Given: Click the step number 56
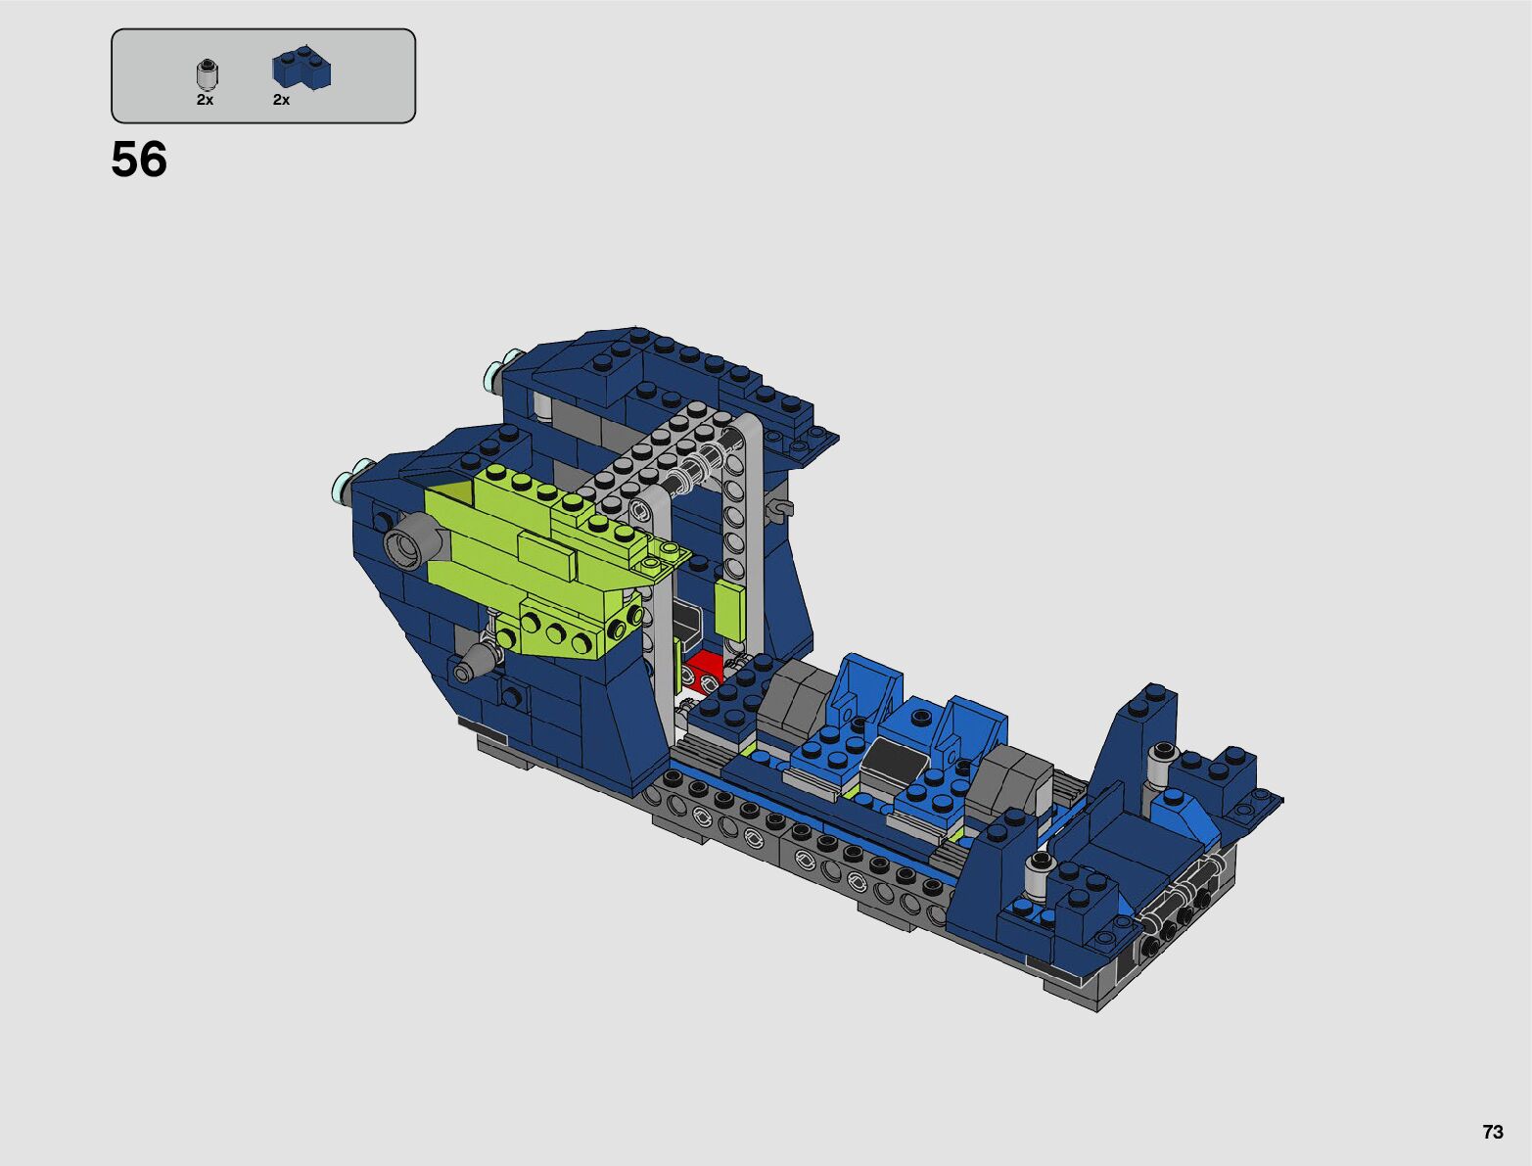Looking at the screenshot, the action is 139,160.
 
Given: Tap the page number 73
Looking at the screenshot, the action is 1493,1131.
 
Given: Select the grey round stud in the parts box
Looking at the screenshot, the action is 207,73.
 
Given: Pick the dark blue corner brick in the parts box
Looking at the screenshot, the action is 302,67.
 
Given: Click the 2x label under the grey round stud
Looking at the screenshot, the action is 205,100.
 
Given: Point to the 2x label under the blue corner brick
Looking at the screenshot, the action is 281,100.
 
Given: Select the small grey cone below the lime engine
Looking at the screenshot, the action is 475,663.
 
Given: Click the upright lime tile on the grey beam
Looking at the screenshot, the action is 729,611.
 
